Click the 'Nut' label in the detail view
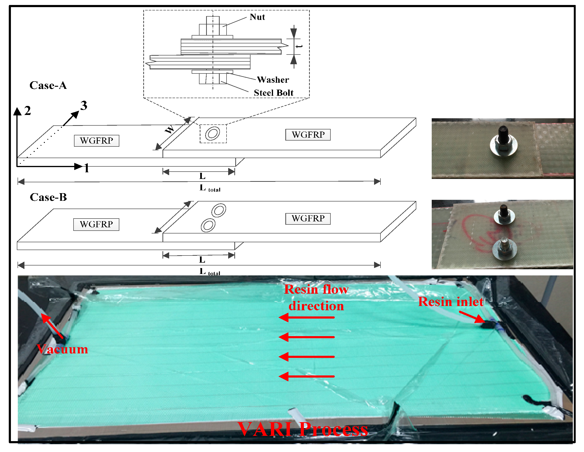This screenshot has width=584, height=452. point(257,17)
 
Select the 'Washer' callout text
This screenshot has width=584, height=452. point(273,80)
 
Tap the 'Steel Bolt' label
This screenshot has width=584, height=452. point(273,93)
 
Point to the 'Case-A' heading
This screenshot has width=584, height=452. point(48,86)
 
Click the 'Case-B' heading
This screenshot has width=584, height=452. point(48,197)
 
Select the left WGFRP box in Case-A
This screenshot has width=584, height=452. point(97,141)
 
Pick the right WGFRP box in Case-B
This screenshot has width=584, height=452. point(308,219)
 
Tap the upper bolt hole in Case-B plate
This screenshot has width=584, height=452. point(219,210)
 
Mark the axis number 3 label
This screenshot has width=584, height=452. point(84,105)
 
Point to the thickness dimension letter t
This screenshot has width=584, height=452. point(299,46)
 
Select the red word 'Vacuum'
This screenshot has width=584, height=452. point(63,349)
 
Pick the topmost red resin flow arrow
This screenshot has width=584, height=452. point(306,317)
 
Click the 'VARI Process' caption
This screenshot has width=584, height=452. point(303,429)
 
